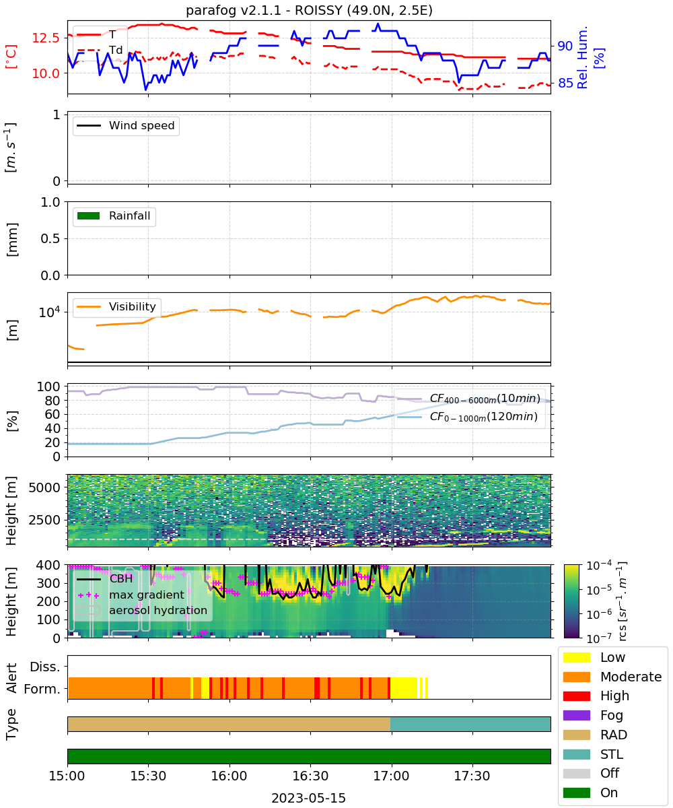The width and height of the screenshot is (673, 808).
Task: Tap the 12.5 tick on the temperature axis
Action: (46, 38)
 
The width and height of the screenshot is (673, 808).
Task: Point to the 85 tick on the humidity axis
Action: (565, 83)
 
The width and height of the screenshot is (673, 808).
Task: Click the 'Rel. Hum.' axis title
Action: (582, 57)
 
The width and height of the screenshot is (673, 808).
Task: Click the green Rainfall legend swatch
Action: (89, 215)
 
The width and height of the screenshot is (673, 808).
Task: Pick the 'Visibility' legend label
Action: (133, 306)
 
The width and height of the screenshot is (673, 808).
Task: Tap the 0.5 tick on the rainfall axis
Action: (50, 239)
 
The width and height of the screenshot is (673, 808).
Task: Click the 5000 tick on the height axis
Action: (44, 487)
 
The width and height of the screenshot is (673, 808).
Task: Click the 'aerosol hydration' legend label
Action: (158, 610)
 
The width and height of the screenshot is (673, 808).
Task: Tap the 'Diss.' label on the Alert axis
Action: (45, 667)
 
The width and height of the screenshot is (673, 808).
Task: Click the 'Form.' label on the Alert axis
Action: (42, 689)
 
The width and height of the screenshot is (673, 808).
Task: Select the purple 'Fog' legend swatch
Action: (576, 715)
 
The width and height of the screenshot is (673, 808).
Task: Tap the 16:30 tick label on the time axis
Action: (310, 776)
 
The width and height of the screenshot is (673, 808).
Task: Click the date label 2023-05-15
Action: (309, 799)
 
